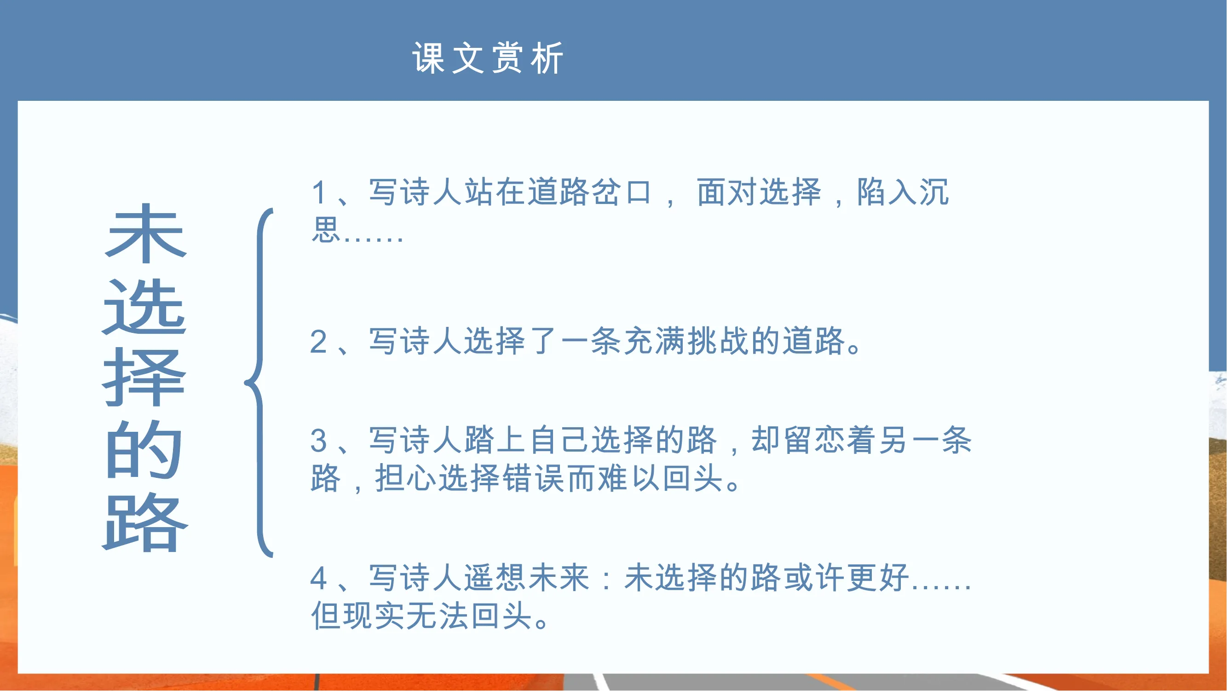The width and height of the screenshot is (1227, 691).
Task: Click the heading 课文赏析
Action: coord(488,58)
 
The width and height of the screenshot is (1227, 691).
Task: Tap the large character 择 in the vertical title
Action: coord(144,377)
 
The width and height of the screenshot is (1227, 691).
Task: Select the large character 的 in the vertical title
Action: coord(144,449)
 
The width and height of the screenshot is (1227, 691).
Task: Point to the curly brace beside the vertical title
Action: coord(259,383)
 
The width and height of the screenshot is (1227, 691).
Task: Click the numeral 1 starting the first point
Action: coord(319,193)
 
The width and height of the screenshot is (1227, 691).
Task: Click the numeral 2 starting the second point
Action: coord(319,342)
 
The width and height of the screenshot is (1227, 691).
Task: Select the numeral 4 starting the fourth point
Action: coord(319,579)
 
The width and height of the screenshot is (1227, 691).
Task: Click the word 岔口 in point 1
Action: coord(621,192)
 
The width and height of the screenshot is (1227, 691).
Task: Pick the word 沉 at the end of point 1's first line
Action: coord(934,192)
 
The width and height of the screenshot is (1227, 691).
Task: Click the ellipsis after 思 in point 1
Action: coord(373,238)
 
